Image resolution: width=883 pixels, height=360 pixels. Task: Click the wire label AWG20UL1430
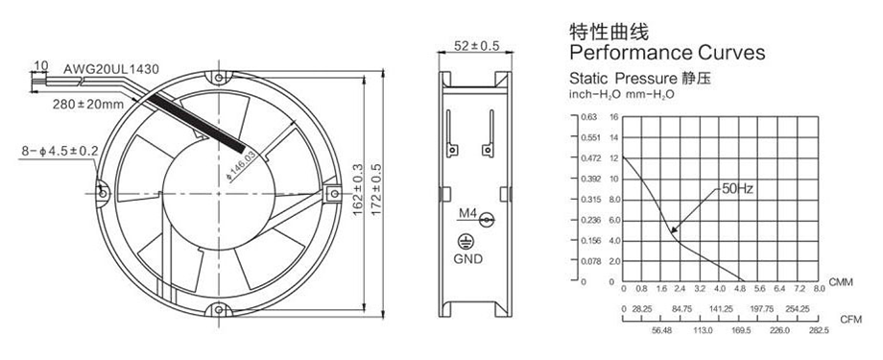[x=111, y=69]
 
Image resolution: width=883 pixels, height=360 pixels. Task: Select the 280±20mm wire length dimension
[x=88, y=105]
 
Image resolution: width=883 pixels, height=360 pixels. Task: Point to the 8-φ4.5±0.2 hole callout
[x=60, y=151]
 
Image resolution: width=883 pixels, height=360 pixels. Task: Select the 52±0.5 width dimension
[x=476, y=46]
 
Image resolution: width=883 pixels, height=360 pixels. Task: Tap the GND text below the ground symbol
[x=468, y=259]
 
